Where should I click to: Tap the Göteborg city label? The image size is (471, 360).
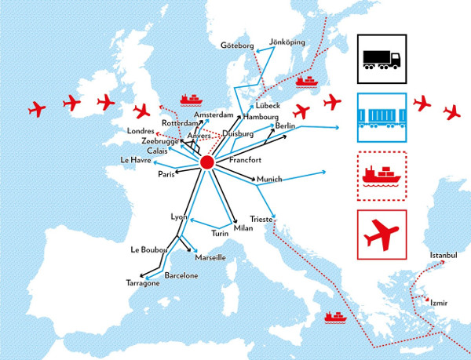(x=237, y=45)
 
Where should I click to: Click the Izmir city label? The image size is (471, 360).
(x=439, y=303)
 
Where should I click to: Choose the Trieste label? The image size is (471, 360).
(x=260, y=220)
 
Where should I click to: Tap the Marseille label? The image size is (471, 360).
(x=210, y=257)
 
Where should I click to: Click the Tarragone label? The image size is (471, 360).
(x=145, y=283)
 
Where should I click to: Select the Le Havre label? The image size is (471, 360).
(x=135, y=160)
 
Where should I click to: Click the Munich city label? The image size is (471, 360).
(x=268, y=179)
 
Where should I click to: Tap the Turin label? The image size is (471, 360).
(x=220, y=234)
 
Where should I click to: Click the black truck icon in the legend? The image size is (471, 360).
(x=382, y=58)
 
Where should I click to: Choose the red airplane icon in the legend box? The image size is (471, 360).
(x=382, y=233)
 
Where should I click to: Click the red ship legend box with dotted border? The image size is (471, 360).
(x=382, y=175)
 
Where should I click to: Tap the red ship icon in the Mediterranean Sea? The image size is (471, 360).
(x=335, y=318)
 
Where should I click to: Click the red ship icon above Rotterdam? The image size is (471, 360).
(x=191, y=99)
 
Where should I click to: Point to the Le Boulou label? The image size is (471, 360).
(x=148, y=250)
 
